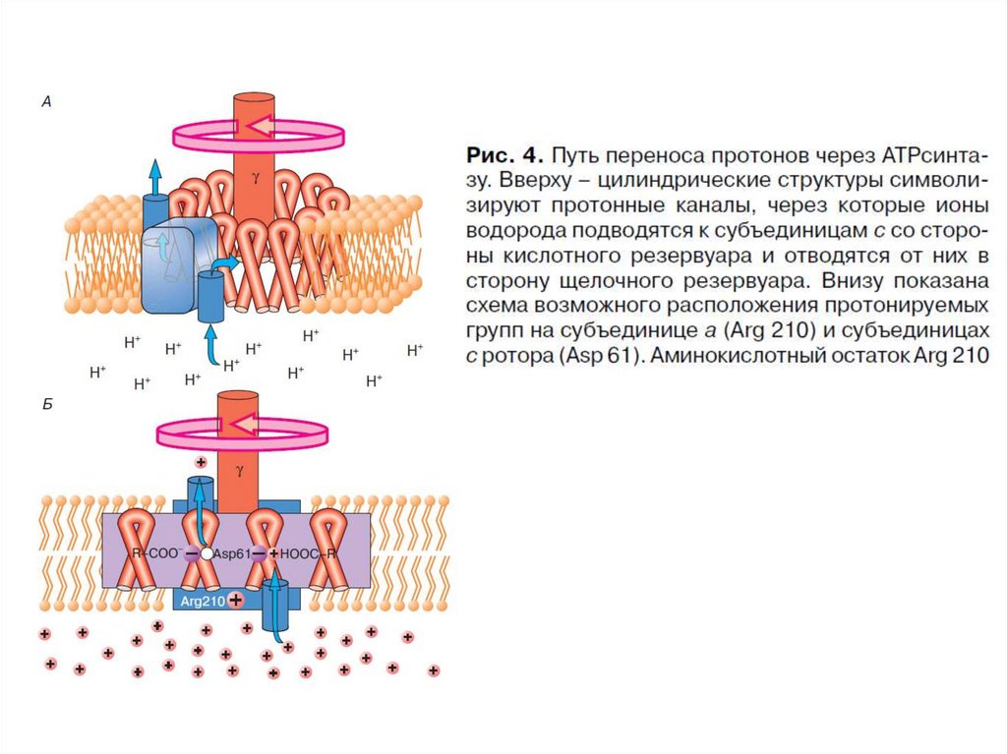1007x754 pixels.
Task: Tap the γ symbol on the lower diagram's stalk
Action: (x=239, y=471)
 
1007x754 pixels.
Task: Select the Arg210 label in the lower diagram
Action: (x=203, y=599)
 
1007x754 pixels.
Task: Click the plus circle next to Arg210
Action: (x=236, y=599)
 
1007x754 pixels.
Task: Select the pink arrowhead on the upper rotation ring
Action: (x=258, y=124)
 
